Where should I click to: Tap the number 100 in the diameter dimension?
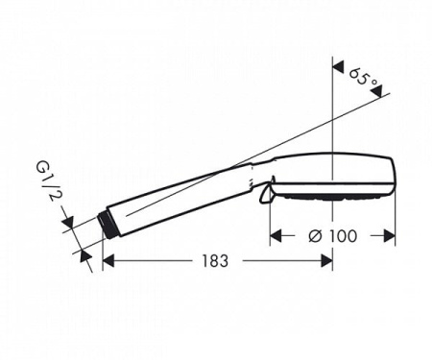(349, 235)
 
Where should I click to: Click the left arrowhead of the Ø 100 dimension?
(275, 235)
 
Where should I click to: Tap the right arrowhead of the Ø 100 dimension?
(390, 235)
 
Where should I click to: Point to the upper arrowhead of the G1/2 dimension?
(68, 226)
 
